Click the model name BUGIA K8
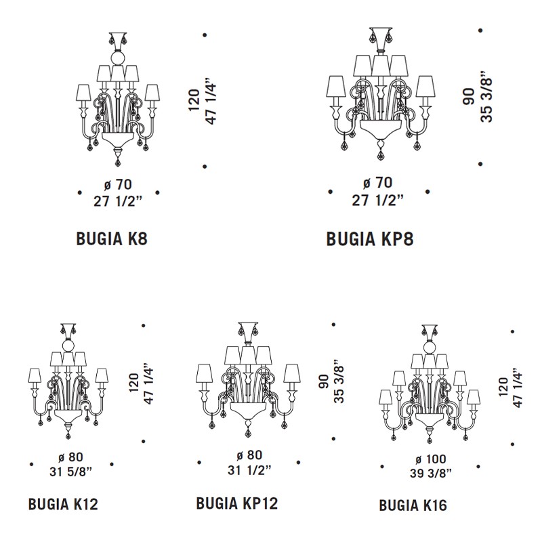point(112,238)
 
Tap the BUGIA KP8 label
point(370,239)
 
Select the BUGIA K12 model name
point(63,504)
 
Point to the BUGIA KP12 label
point(237,503)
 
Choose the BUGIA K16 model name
point(413,505)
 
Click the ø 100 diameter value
point(431,459)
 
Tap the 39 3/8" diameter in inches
point(431,473)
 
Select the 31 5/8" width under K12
point(71,471)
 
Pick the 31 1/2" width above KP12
point(249,470)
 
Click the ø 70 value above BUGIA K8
point(118,184)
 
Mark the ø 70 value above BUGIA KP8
point(377,182)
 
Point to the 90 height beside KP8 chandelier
point(468,97)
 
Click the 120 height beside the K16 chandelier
point(503,387)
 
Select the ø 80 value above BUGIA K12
point(71,457)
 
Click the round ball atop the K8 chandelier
point(117,58)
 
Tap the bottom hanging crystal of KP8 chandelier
point(381,155)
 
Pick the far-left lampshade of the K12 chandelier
point(35,376)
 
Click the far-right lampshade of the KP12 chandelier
point(292,373)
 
